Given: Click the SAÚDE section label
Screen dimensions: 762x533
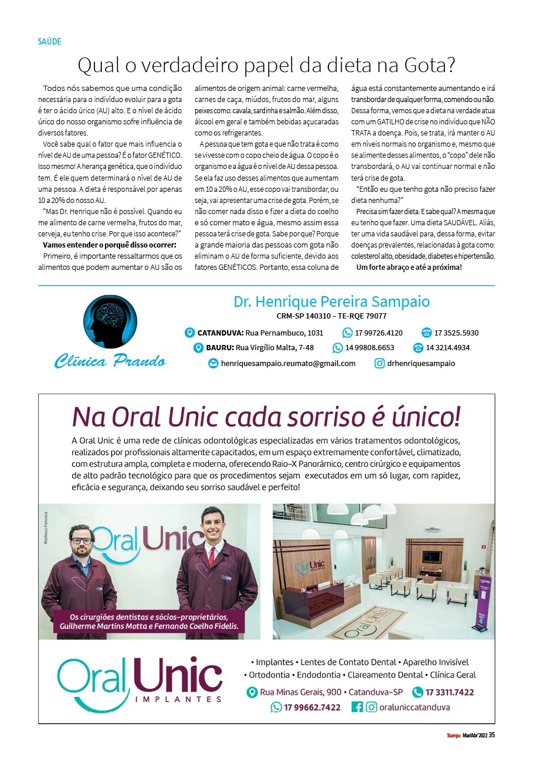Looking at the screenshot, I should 49,42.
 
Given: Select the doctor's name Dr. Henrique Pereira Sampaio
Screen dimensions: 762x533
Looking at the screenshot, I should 331,302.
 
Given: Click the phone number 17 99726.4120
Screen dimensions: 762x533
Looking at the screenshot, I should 379,333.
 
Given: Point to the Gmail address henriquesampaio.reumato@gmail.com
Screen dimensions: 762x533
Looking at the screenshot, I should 288,363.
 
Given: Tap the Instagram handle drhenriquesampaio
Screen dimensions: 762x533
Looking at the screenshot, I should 420,363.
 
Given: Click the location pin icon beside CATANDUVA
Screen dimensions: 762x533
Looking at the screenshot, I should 189,333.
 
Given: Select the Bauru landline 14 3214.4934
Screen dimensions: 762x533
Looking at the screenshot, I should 447,348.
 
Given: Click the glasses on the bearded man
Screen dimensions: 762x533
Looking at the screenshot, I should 81,540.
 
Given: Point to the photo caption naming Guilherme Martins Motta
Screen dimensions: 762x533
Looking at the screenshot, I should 149,622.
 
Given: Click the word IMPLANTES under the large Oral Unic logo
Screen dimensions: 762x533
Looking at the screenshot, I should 178,699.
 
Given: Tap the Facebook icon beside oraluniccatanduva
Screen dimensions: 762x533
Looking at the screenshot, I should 357,707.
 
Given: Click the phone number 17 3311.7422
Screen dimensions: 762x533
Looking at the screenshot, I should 449,692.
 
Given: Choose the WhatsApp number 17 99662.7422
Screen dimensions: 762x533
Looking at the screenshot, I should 312,707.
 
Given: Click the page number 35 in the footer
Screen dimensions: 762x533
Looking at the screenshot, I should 492,735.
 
